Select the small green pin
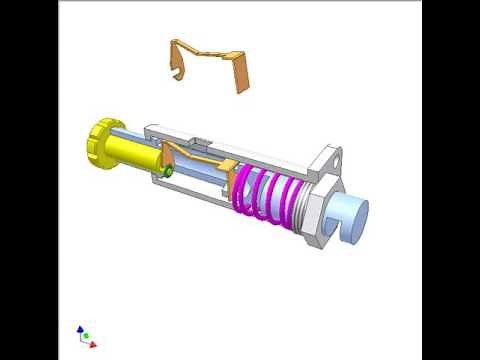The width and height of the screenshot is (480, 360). [x=169, y=172]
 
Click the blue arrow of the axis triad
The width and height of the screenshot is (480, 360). [x=79, y=329]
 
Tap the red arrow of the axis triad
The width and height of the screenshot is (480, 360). [x=92, y=345]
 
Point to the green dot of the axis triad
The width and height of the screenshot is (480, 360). [x=86, y=336]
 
